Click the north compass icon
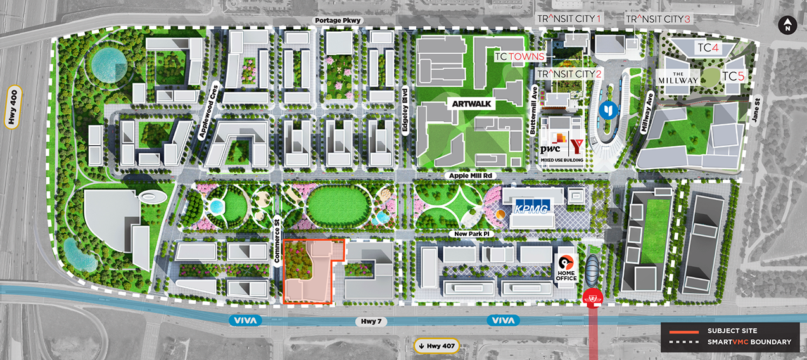[787, 26]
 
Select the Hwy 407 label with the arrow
[435, 345]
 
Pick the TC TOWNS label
[519, 56]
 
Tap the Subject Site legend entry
[732, 331]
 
